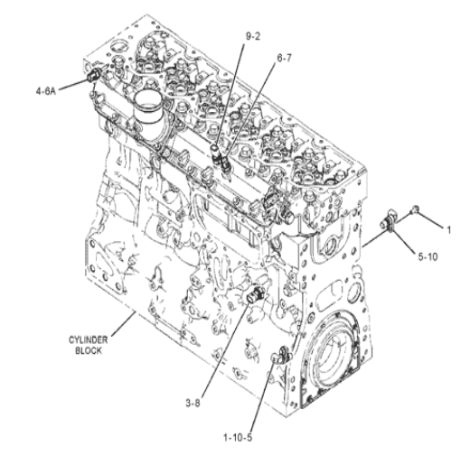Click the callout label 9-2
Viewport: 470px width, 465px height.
click(x=253, y=36)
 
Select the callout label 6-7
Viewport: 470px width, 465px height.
click(x=284, y=58)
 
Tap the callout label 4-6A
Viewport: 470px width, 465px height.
click(x=46, y=91)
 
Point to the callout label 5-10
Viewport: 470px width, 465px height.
click(x=428, y=256)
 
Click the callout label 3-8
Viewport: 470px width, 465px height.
click(x=193, y=403)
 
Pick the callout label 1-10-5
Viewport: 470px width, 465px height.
click(x=238, y=437)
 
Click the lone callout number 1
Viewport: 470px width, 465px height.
click(x=448, y=230)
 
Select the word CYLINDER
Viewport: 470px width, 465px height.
click(x=88, y=340)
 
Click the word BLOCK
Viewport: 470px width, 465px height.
click(x=89, y=350)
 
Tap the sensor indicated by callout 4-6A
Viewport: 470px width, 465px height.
click(x=93, y=74)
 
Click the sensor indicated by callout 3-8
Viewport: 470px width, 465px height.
click(x=256, y=293)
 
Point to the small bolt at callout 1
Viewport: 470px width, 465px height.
click(x=415, y=209)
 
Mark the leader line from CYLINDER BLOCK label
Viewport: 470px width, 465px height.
click(x=123, y=323)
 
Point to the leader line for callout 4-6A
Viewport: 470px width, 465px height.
click(x=73, y=84)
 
